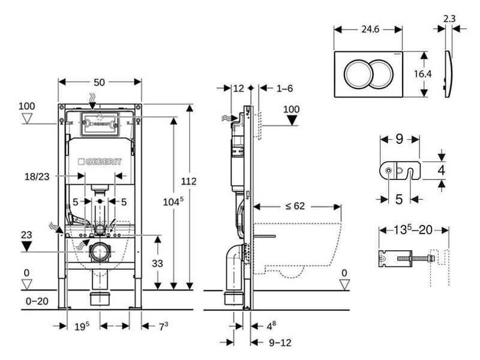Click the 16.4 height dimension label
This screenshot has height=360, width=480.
pos(423,74)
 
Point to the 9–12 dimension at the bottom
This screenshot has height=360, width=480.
pos(280,343)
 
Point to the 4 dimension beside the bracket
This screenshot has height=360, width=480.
pos(441,171)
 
